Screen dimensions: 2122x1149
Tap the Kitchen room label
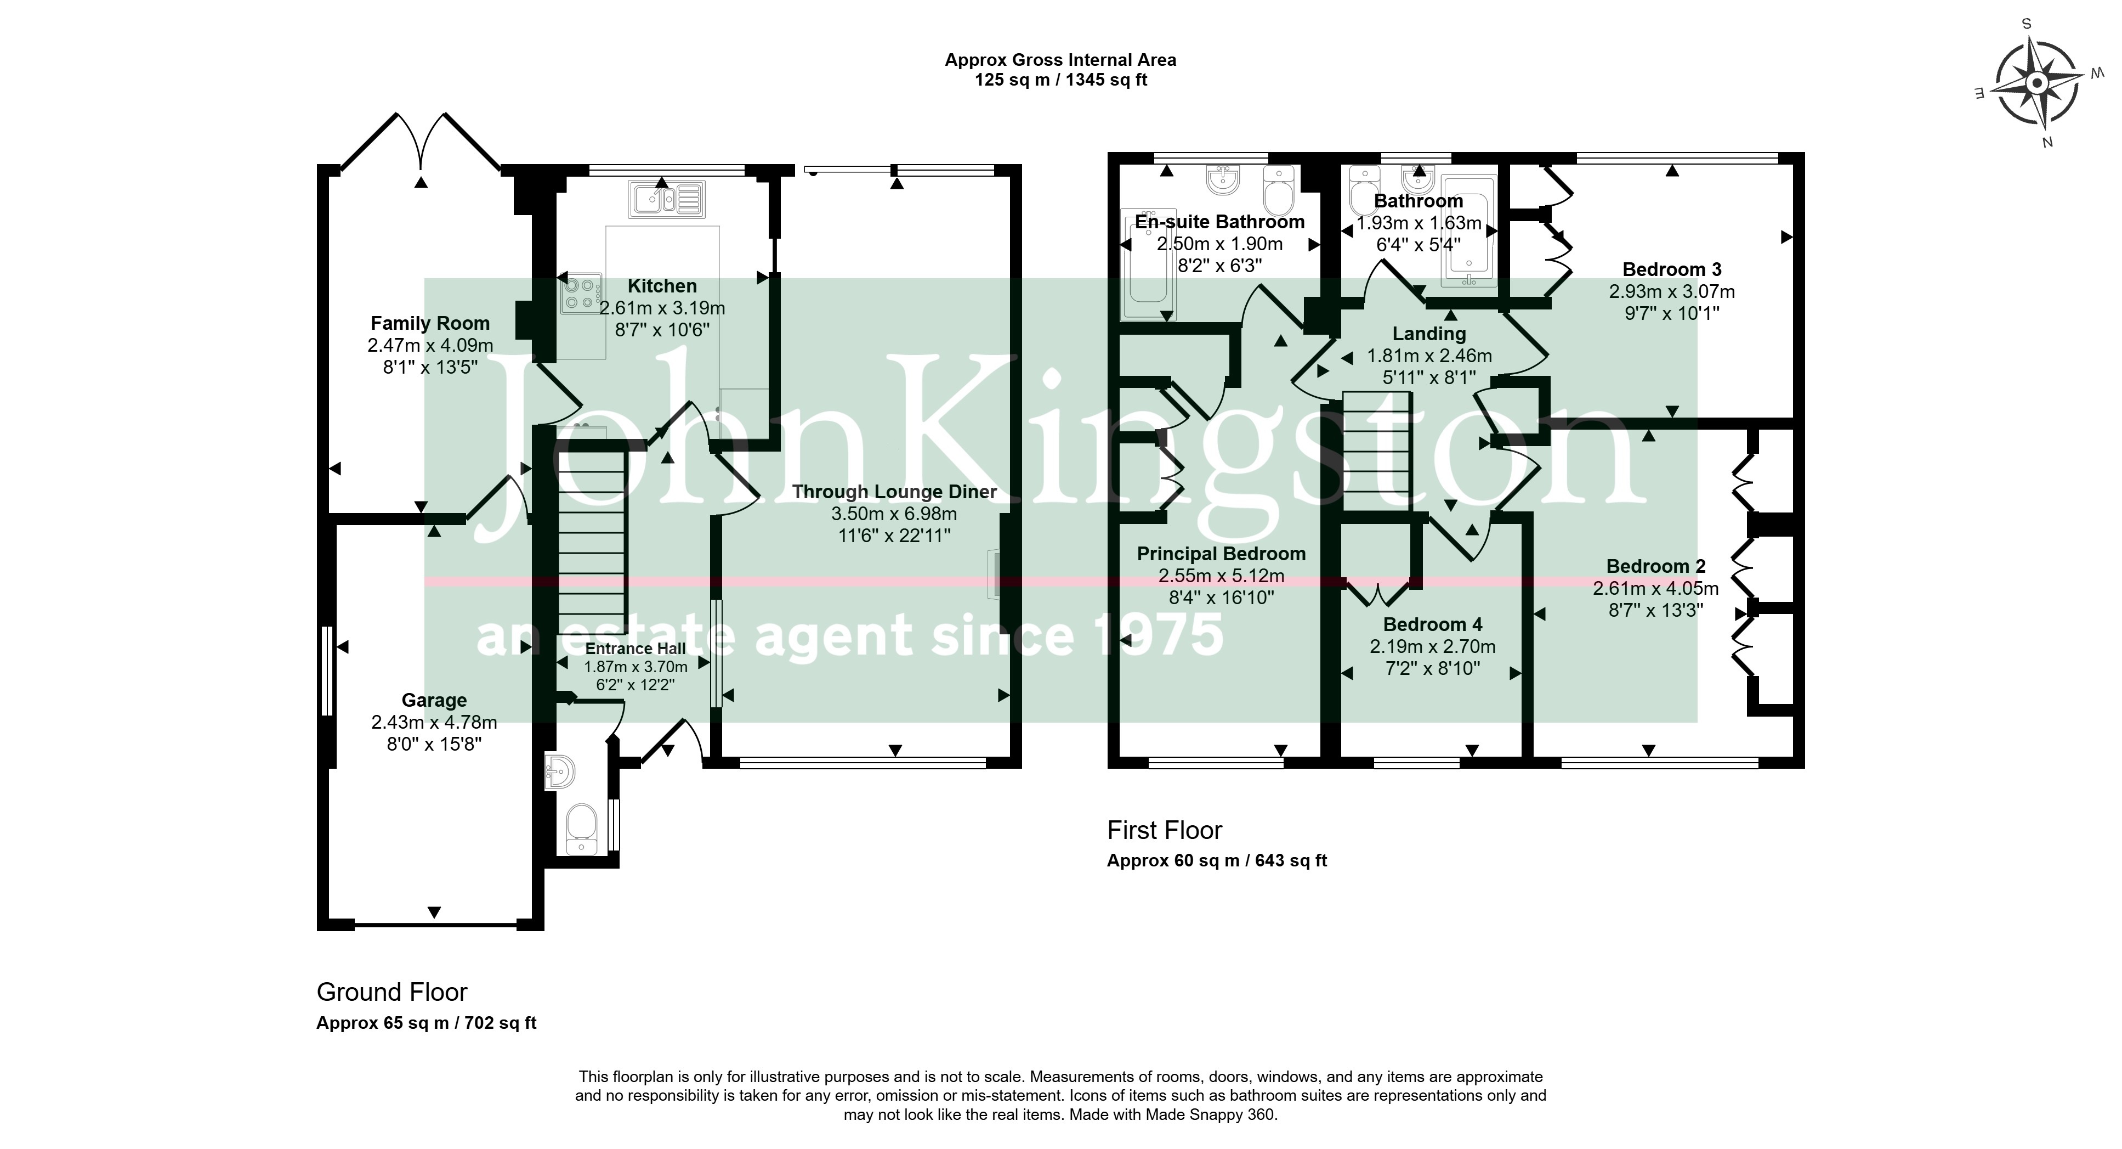coord(662,286)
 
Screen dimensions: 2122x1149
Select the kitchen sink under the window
coord(666,199)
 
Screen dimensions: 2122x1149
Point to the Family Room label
coord(430,323)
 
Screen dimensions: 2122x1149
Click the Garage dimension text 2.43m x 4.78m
coord(434,722)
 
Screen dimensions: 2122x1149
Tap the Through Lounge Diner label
coord(895,492)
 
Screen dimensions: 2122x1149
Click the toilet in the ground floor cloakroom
coord(582,829)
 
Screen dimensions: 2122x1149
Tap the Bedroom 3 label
coord(1671,269)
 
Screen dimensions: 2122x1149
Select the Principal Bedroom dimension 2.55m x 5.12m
coord(1221,576)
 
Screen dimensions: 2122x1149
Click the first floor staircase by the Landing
coord(1377,453)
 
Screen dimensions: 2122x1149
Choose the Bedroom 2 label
coord(1656,566)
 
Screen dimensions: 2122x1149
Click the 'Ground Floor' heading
coord(392,992)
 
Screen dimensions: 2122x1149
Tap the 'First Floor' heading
coord(1165,830)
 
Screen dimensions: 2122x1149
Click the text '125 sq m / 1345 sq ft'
coord(1061,80)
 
